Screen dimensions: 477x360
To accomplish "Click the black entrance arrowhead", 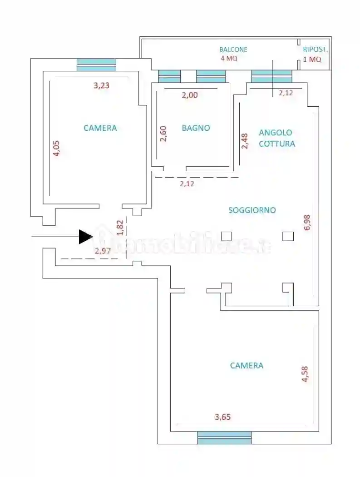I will (x=85, y=237).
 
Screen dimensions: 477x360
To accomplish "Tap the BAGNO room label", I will (x=196, y=128).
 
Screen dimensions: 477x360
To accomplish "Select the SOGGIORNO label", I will (x=252, y=210).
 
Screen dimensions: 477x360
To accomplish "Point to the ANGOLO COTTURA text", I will (x=276, y=138).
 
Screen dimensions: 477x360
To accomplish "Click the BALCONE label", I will (x=233, y=50).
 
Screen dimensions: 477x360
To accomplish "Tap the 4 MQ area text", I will (x=229, y=59).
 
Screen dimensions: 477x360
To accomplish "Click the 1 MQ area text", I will (x=312, y=59).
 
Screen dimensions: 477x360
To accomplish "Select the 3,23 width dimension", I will (x=101, y=85).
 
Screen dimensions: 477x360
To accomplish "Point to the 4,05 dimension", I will (x=56, y=148).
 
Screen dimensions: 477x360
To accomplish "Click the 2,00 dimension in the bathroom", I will (x=190, y=95).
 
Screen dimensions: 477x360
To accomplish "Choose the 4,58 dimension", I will (x=305, y=371).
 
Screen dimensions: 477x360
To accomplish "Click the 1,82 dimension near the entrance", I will (x=120, y=228).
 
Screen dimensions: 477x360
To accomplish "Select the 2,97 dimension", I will (x=103, y=250).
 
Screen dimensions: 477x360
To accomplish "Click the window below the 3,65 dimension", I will (x=224, y=437).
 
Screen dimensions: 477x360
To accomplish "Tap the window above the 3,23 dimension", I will (x=96, y=65).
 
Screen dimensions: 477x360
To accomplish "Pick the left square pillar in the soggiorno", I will (x=226, y=236).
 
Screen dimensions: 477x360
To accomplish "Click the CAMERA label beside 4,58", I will (x=247, y=366).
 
